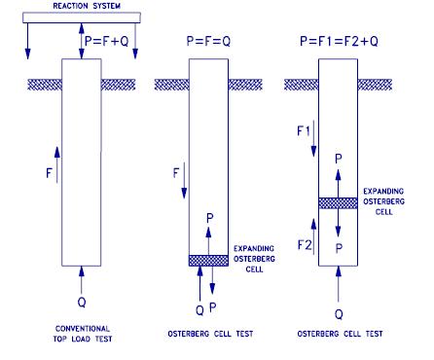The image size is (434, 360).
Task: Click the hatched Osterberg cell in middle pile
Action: tap(209, 260)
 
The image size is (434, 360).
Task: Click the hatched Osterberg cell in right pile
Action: tap(340, 202)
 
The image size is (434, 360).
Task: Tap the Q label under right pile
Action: tap(340, 314)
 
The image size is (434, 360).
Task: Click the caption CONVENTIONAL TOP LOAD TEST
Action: tap(84, 332)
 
